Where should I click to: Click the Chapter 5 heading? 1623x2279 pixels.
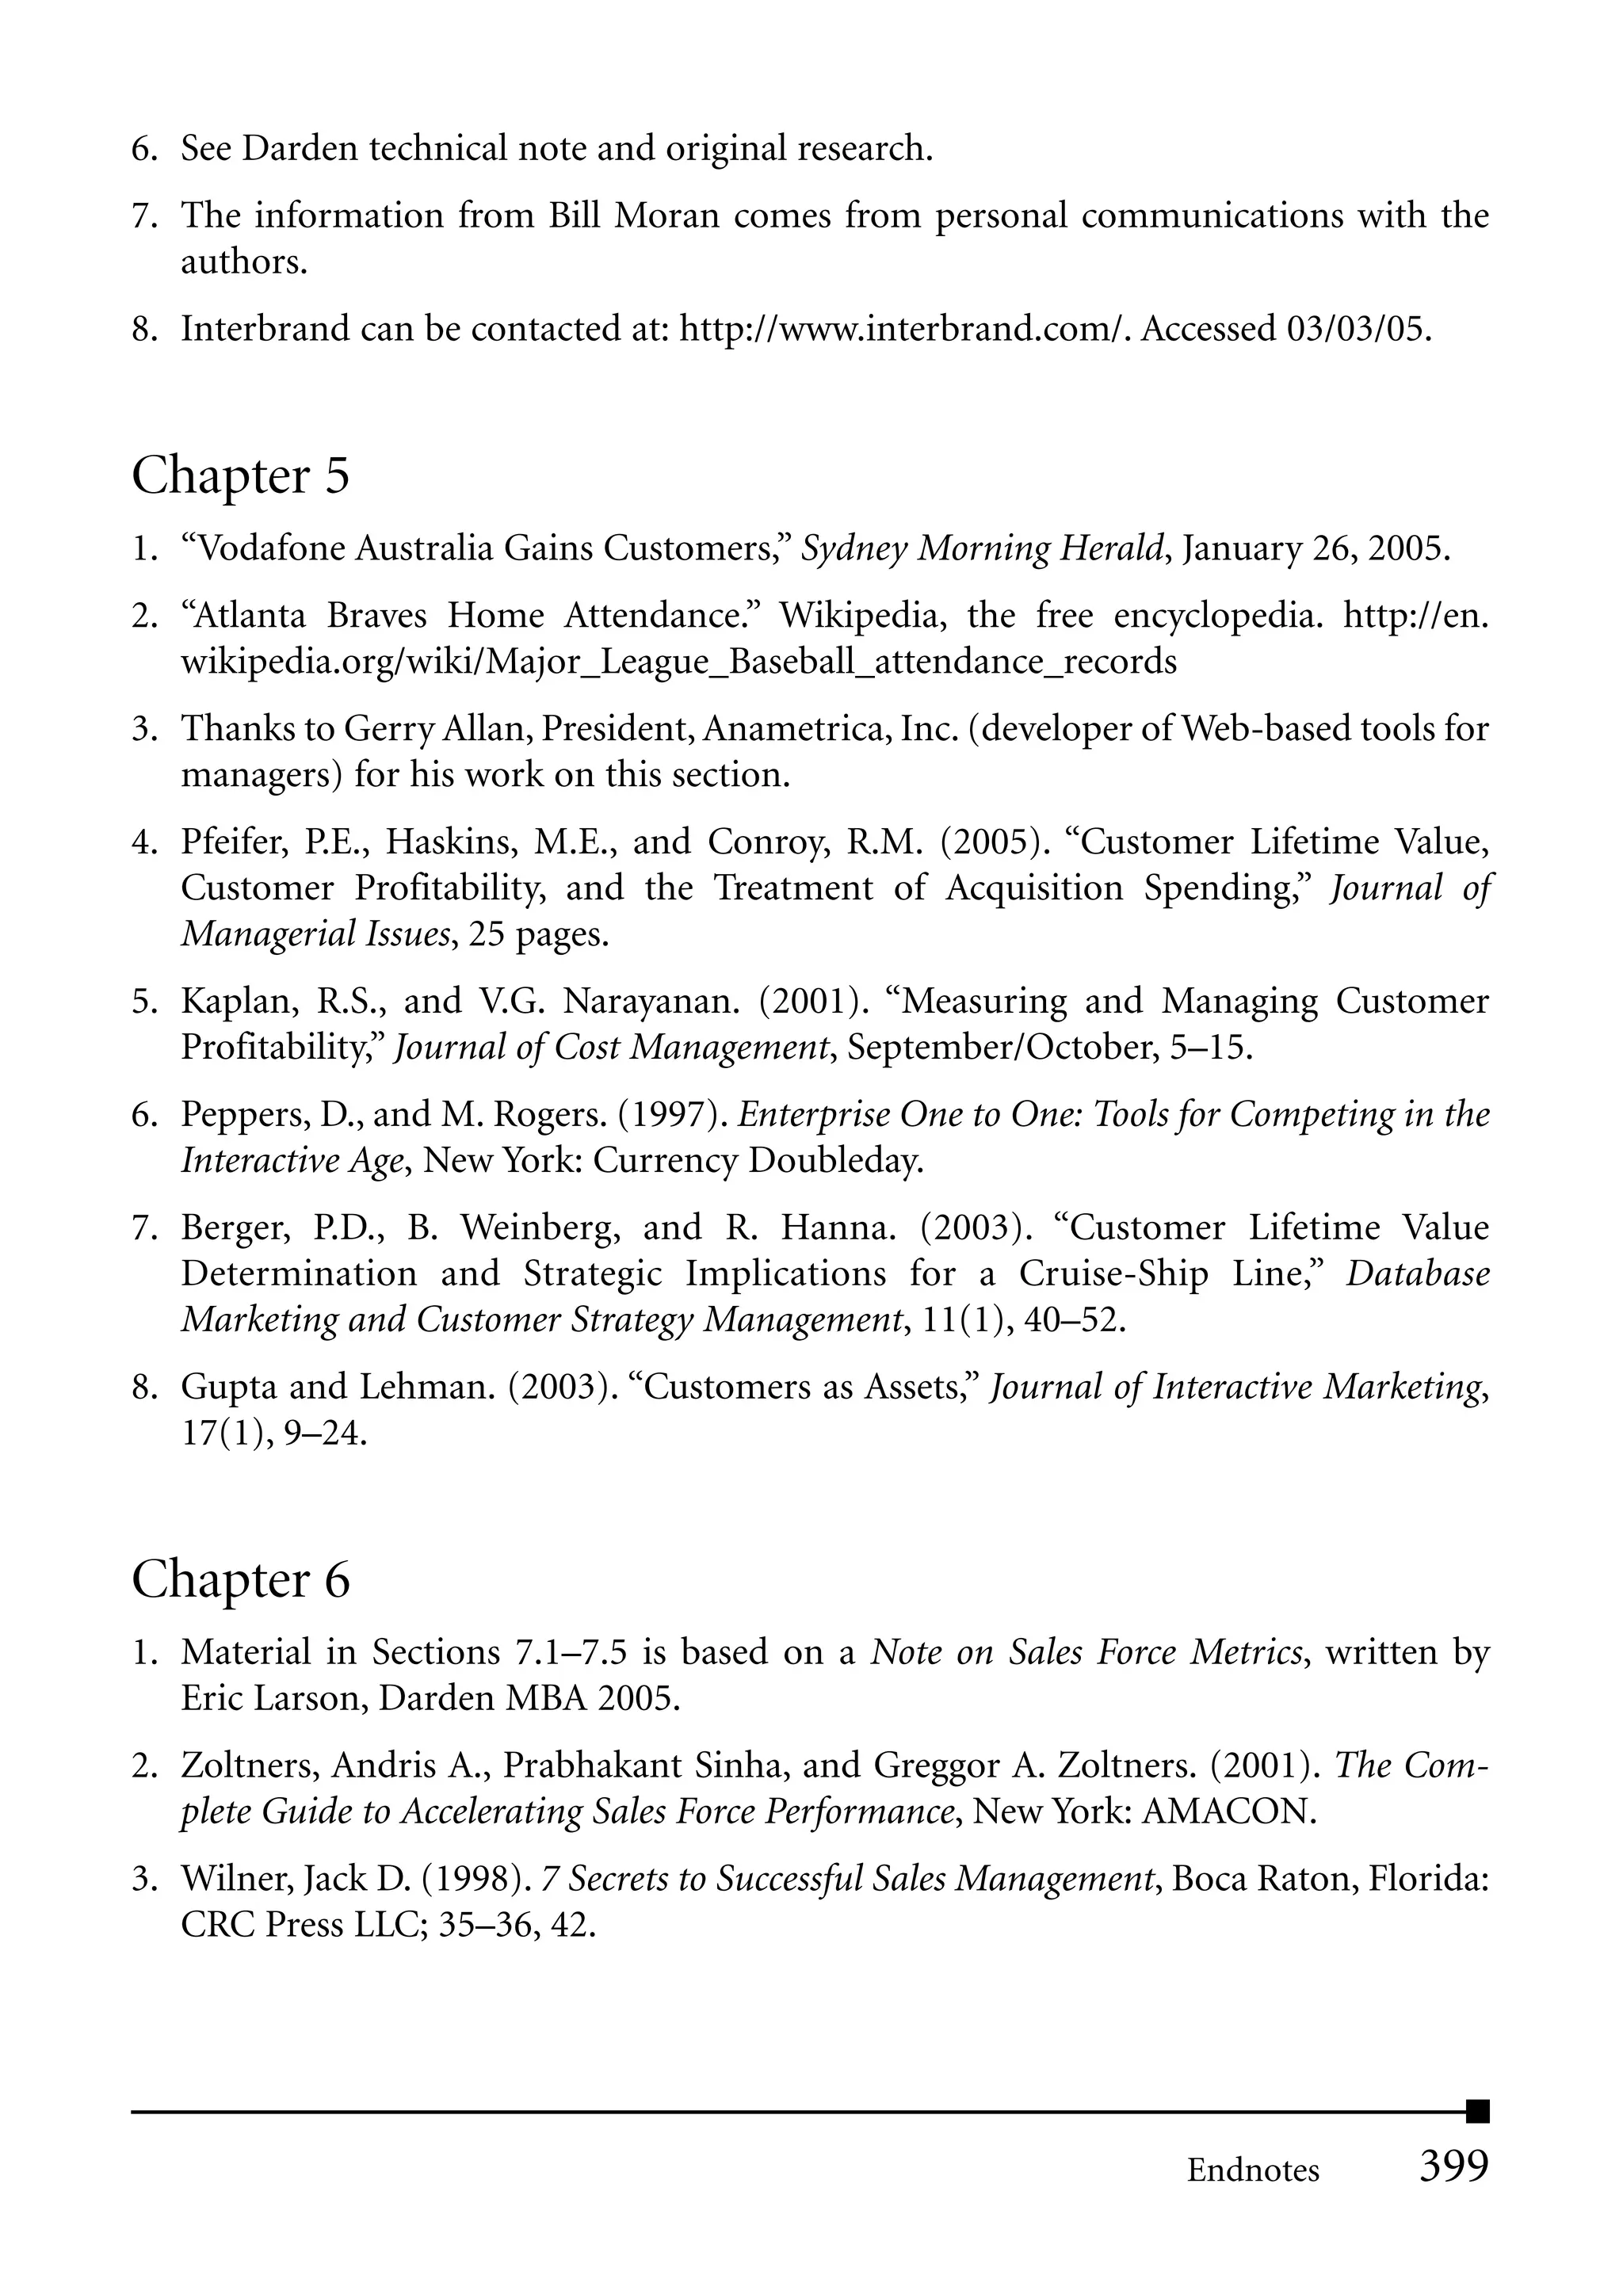point(241,475)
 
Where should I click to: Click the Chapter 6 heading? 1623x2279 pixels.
point(241,1579)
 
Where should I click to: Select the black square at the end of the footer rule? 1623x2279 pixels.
point(1477,2111)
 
